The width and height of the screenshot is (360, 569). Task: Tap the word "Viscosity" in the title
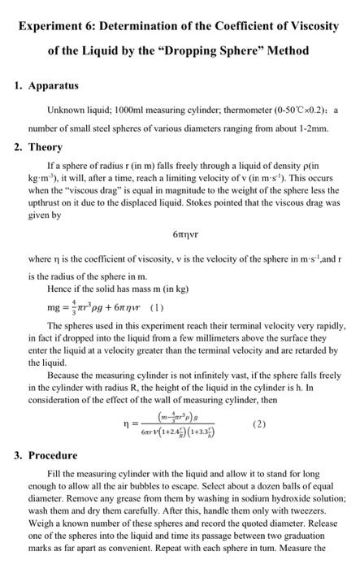(307, 26)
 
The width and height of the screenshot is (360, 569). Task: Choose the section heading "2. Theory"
(44, 148)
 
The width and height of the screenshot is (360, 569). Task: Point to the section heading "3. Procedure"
(50, 455)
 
